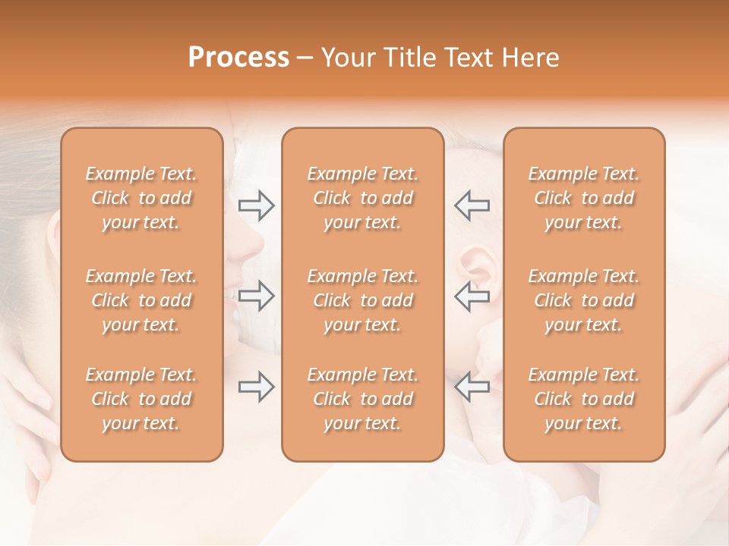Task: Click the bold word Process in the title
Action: coord(238,58)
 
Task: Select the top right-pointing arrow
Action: coord(256,206)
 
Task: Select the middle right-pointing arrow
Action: coord(256,297)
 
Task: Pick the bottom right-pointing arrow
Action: coord(256,388)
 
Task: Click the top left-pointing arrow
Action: coord(472,206)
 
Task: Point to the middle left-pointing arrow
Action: coord(472,297)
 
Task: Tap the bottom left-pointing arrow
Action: coord(472,388)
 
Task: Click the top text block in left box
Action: coord(141,198)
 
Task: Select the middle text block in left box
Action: coord(141,300)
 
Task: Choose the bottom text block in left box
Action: coord(141,399)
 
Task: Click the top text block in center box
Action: coord(363,198)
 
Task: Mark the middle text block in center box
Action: coord(363,300)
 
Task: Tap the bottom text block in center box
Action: coord(363,399)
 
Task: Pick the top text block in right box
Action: coord(584,198)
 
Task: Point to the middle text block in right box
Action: coord(584,300)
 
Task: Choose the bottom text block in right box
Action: coord(584,399)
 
